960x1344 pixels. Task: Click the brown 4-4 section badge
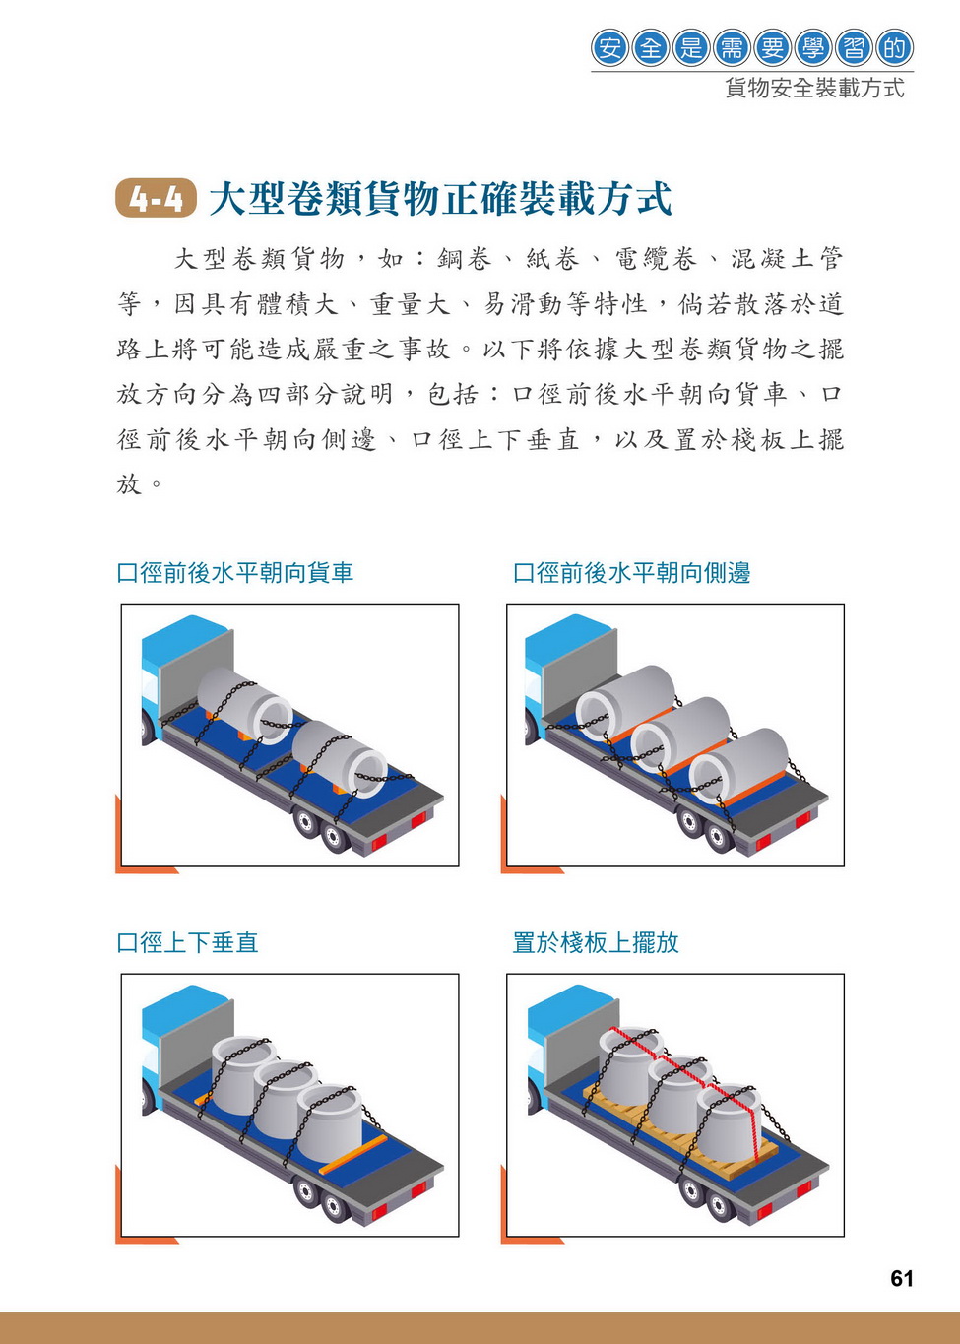(156, 198)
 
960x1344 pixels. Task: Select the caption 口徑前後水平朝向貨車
(234, 573)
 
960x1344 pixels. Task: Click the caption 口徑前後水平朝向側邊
(632, 573)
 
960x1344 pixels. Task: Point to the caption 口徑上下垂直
(187, 942)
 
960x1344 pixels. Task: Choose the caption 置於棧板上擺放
(596, 942)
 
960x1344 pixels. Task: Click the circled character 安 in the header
(609, 48)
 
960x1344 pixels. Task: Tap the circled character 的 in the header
(895, 48)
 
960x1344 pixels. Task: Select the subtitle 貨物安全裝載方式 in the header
(814, 89)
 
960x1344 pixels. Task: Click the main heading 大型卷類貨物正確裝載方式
(440, 199)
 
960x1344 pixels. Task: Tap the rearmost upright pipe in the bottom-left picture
(330, 1123)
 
